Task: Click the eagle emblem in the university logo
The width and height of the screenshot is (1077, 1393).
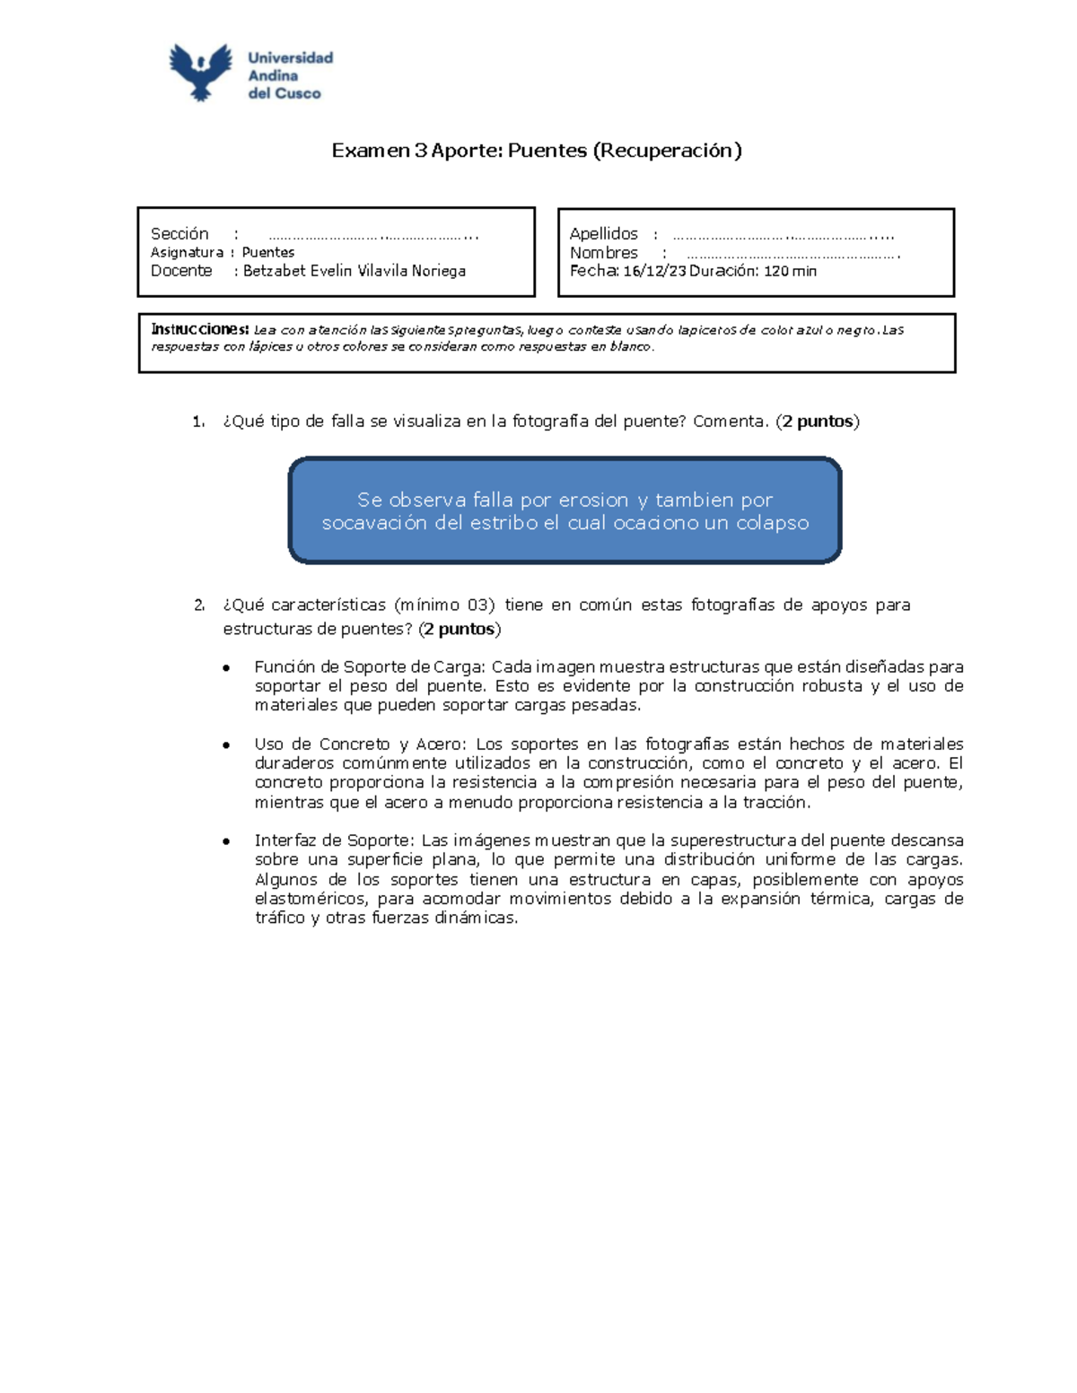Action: (201, 72)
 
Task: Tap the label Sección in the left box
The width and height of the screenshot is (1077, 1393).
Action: (179, 234)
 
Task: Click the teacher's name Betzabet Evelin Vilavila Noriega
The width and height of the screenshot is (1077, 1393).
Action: (355, 271)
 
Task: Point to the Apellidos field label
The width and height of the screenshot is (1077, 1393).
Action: (604, 234)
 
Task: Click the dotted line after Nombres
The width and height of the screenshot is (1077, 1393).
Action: (792, 256)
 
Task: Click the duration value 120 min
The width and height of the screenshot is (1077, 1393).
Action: (790, 271)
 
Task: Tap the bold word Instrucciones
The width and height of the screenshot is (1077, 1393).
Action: (199, 329)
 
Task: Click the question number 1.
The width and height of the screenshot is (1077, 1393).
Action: (198, 422)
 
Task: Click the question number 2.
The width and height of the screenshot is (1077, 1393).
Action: (199, 605)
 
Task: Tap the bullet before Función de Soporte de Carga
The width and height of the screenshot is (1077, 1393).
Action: (227, 668)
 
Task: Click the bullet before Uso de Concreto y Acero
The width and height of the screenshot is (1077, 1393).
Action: (227, 745)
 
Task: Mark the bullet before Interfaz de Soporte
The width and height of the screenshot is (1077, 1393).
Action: (227, 841)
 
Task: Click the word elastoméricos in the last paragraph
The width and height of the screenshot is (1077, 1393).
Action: (311, 899)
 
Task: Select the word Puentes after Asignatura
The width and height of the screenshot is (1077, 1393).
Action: (268, 253)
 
